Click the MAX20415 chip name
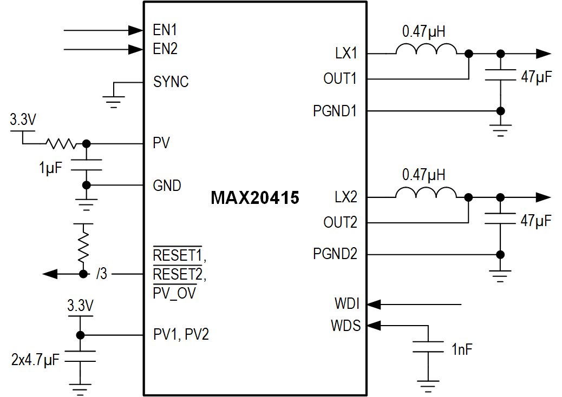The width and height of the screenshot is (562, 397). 255,199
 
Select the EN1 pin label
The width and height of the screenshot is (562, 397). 165,29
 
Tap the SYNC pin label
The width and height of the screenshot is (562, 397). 171,82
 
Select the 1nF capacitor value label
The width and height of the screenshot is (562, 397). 462,349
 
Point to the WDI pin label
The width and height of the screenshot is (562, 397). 347,304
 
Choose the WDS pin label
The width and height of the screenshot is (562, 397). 345,326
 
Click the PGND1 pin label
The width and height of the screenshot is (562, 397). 335,111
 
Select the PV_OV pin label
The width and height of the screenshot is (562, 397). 175,293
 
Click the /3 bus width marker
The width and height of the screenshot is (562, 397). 101,274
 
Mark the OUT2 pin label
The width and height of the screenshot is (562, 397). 340,222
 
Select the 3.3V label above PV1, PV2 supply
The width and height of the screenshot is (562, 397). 80,306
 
